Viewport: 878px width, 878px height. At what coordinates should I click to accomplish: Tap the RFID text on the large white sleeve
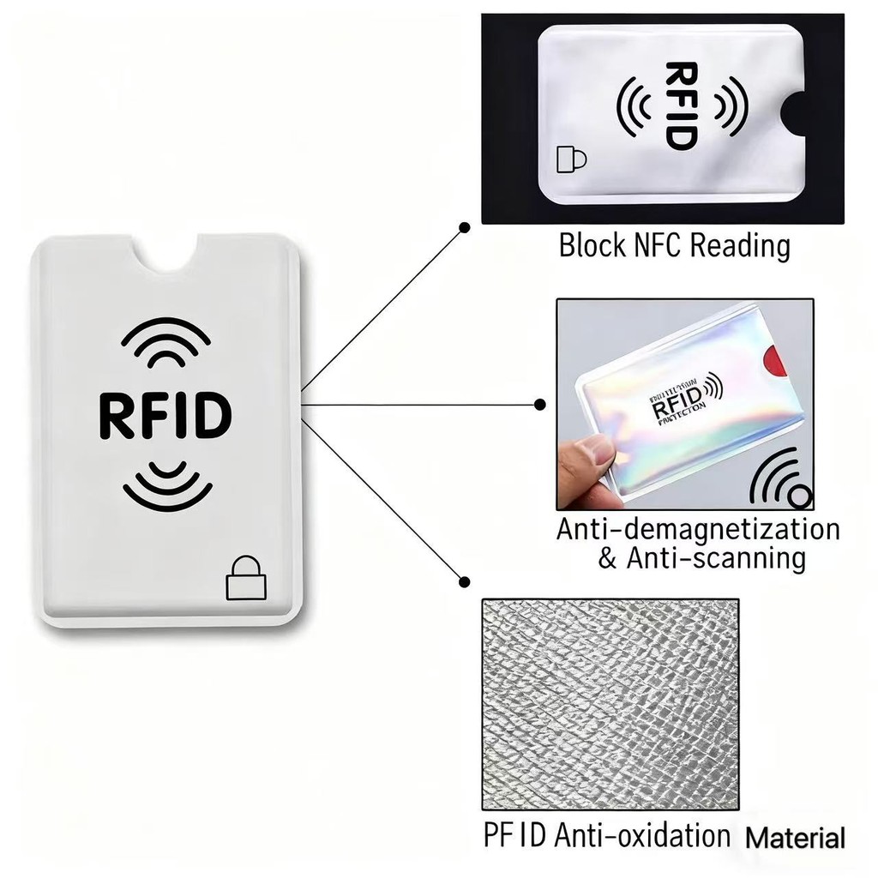coord(165,414)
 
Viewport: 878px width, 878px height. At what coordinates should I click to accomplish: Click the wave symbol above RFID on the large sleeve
coord(165,344)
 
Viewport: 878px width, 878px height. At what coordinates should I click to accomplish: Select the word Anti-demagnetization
coord(698,529)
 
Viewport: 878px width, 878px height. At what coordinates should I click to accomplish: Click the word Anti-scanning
coord(715,559)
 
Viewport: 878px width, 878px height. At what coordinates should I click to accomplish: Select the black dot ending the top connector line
coord(464,228)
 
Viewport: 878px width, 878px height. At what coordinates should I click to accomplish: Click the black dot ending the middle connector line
coord(539,404)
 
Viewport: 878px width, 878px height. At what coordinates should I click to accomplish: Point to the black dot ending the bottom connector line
coord(464,581)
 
